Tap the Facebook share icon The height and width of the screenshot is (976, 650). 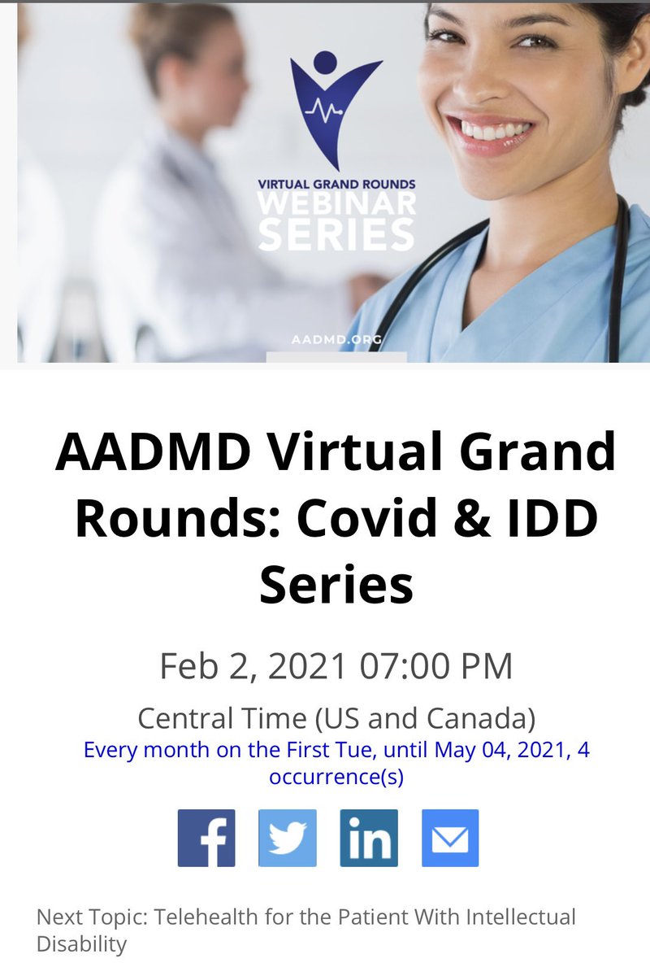206,838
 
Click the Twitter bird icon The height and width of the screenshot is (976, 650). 288,838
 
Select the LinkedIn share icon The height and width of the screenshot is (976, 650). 369,838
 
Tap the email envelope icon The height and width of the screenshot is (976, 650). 450,838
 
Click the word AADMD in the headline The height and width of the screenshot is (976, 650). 154,453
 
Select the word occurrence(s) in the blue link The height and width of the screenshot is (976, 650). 336,777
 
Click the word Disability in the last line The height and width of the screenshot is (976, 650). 82,944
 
